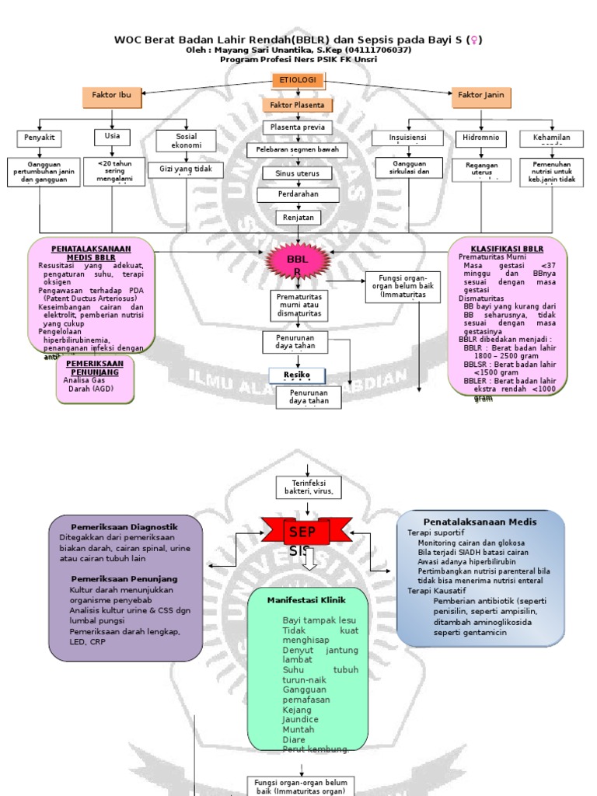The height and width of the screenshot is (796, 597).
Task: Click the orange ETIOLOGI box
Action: (x=298, y=80)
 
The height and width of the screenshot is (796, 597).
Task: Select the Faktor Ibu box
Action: (x=111, y=96)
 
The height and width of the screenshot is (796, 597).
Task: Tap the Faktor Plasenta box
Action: (x=298, y=105)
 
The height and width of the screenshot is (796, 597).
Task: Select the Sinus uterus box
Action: (x=298, y=173)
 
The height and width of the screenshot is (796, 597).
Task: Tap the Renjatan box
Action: (x=298, y=218)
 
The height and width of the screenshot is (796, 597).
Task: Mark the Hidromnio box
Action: (x=481, y=138)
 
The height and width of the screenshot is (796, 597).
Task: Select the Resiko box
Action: (x=297, y=375)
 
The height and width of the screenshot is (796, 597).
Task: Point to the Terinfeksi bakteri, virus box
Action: (x=309, y=487)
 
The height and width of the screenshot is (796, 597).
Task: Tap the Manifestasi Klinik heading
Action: (x=306, y=600)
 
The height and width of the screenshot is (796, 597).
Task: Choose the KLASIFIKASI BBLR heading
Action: (x=507, y=248)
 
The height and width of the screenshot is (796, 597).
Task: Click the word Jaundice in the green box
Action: (x=297, y=720)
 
